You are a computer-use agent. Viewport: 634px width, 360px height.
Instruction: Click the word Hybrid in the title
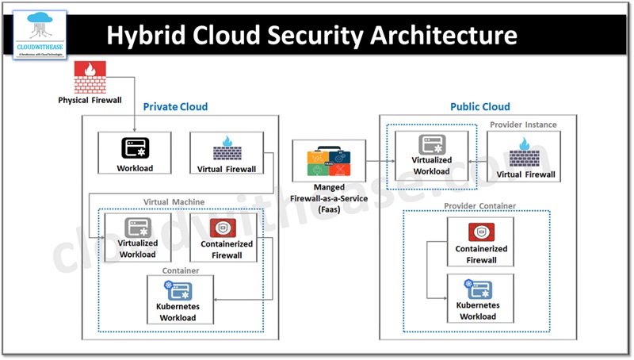coord(143,35)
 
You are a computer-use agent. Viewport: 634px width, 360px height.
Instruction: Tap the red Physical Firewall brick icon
coord(89,78)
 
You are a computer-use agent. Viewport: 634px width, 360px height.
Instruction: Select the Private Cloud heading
coord(175,106)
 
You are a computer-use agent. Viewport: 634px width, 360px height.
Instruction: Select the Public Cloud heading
coord(479,106)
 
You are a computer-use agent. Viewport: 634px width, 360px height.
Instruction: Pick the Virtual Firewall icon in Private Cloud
coord(226,148)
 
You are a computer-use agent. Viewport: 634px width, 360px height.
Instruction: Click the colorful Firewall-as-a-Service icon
coord(328,161)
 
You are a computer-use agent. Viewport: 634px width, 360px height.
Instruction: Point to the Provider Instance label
coord(523,124)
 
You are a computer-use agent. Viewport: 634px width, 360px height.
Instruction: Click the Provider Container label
coord(480,206)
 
